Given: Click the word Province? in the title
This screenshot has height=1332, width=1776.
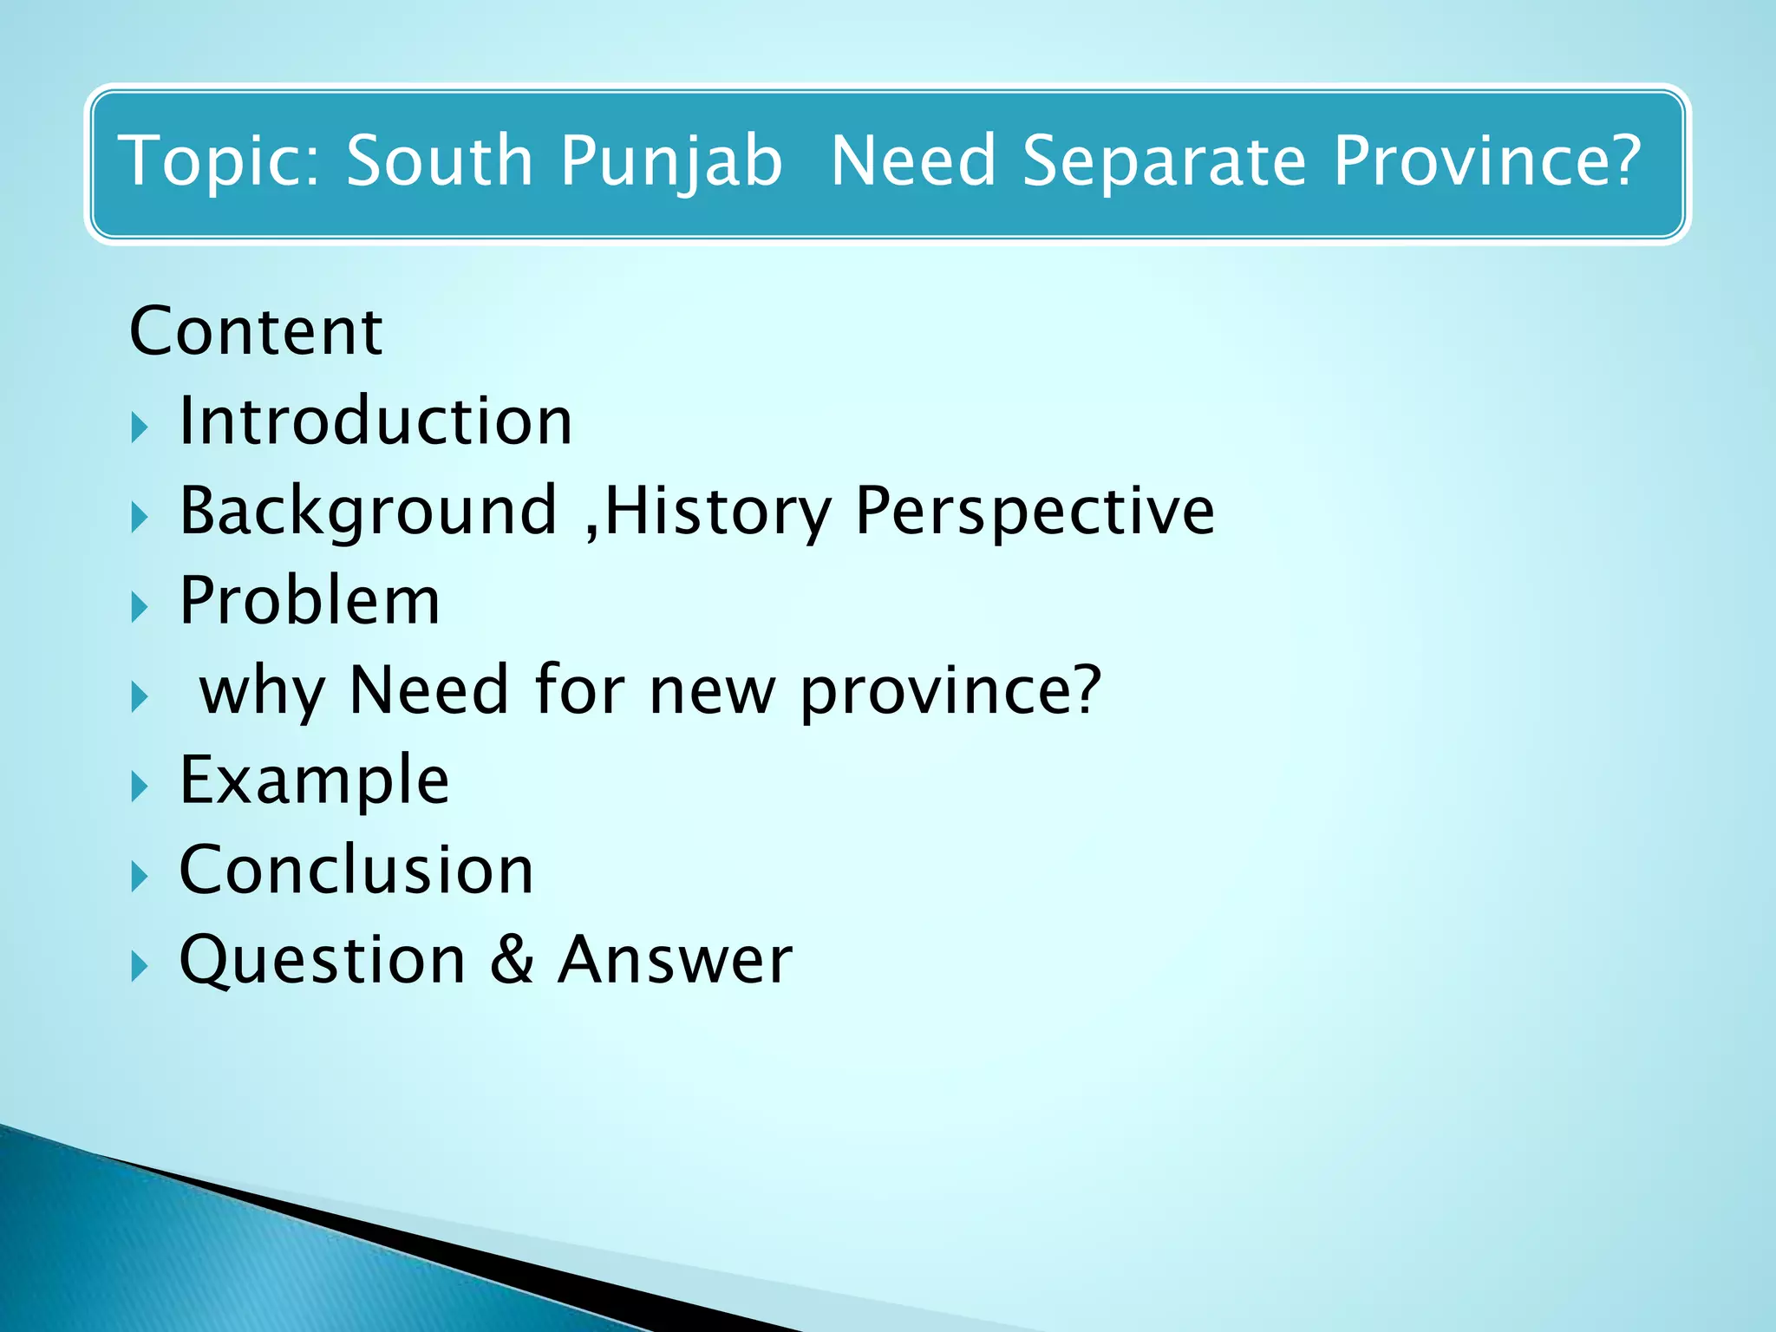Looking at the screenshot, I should (1486, 161).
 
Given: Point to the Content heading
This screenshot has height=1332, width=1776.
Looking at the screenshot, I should (256, 331).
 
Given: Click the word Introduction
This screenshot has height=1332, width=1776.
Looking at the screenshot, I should (375, 421).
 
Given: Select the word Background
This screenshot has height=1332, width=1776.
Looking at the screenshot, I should (368, 512).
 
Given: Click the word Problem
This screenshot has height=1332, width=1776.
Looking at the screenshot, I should (310, 600).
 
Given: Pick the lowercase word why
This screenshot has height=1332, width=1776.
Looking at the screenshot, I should (263, 692).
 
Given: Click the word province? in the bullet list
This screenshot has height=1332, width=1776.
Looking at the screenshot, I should (950, 692).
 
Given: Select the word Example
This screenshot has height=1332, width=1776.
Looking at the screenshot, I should (314, 780).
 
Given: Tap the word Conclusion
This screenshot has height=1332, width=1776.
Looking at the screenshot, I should (356, 870).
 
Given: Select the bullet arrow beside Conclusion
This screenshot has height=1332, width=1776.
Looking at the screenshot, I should (140, 877).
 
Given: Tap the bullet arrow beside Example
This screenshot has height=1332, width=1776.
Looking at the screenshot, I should (140, 787).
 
